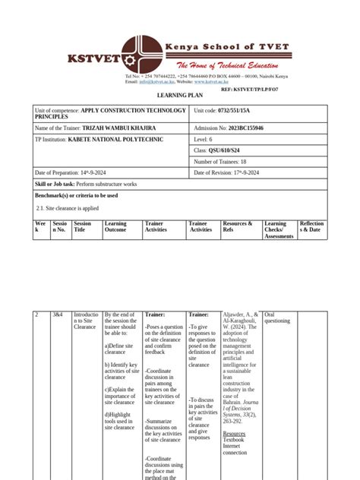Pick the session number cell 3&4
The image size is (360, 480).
click(x=58, y=314)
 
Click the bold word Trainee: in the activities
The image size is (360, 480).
click(x=198, y=314)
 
